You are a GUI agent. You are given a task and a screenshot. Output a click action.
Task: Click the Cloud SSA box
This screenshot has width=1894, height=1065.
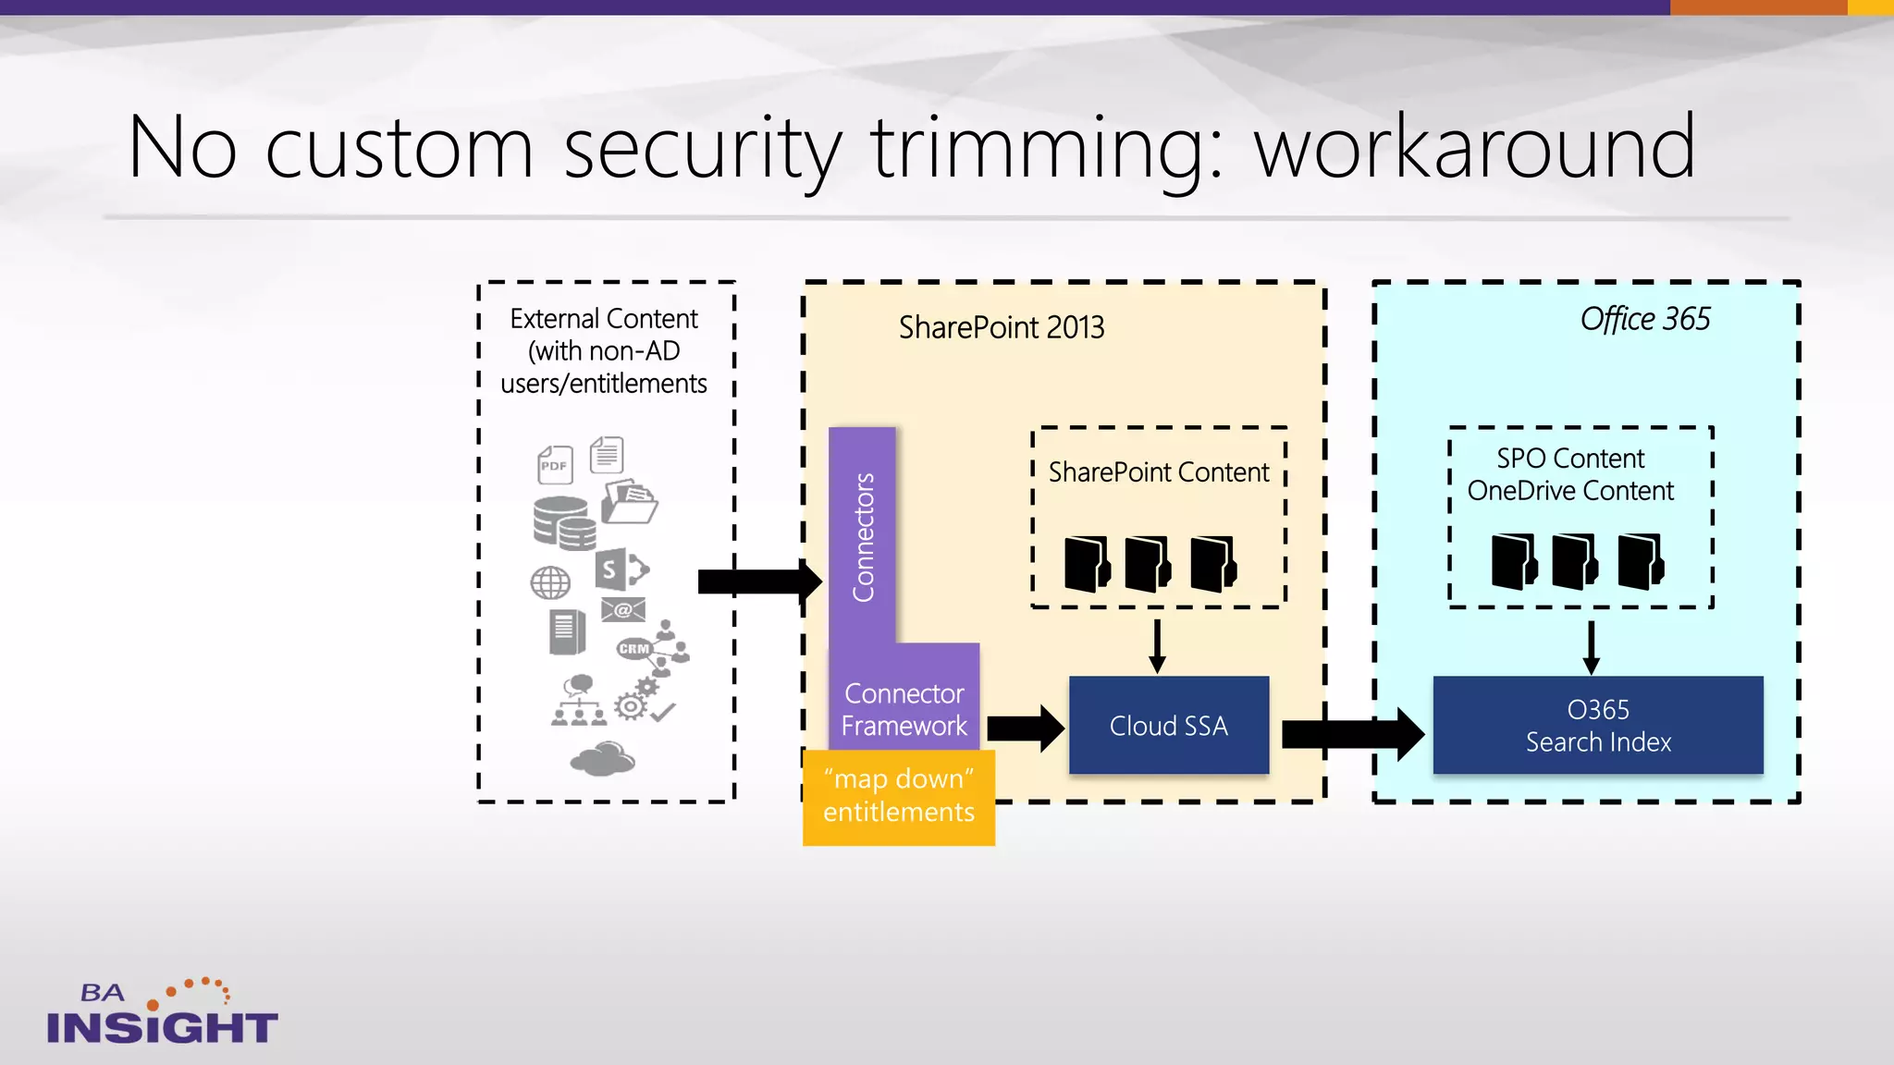coord(1168,726)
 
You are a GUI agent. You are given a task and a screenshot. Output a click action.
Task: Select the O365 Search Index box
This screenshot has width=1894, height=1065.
coord(1597,726)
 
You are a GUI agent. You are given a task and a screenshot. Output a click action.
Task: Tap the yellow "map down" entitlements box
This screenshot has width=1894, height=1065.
coord(898,796)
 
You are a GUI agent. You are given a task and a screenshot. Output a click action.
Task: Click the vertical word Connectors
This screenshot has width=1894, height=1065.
coord(863,537)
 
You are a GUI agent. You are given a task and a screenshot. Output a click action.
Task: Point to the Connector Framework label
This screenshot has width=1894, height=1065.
coord(904,710)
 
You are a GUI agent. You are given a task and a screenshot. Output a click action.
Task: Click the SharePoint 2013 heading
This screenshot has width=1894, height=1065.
coord(1002,327)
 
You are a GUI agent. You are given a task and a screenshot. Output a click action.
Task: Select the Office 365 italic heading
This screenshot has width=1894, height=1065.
coord(1644,319)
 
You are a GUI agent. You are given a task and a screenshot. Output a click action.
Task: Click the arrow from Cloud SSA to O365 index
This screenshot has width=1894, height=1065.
coord(1350,734)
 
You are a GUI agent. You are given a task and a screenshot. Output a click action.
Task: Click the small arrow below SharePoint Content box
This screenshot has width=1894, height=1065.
coord(1156,646)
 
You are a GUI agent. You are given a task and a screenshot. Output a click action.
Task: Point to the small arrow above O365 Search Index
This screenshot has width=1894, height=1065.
coord(1591,647)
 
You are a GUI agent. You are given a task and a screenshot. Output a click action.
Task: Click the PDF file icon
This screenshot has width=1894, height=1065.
coord(555,464)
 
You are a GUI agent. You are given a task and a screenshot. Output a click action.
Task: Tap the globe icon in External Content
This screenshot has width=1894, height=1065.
coord(550,582)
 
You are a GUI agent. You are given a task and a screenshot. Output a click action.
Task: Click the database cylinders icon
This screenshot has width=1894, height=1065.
coord(563,522)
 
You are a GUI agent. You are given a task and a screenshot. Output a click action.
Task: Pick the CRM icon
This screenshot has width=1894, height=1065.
coord(634,648)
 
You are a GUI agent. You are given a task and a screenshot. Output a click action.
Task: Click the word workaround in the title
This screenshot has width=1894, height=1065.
coord(1474,148)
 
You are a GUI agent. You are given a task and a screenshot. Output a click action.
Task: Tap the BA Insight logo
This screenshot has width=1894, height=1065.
coord(162,1013)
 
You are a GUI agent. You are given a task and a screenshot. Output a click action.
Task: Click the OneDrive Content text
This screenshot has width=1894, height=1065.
coord(1569,491)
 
